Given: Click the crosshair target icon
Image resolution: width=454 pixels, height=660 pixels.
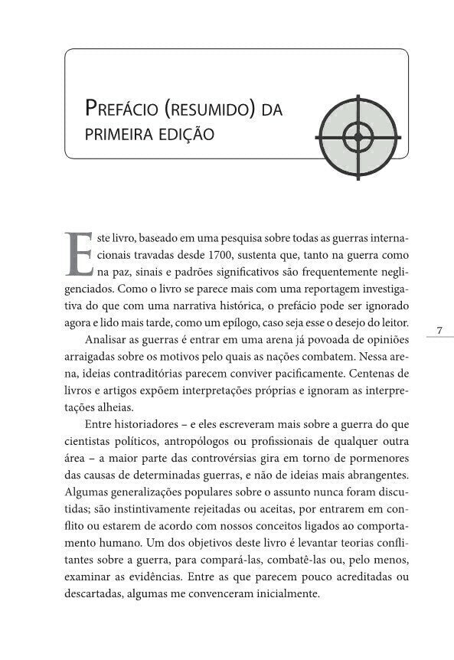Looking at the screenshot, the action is pos(357,138).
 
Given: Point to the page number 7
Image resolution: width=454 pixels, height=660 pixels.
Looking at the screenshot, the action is pos(439,330).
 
